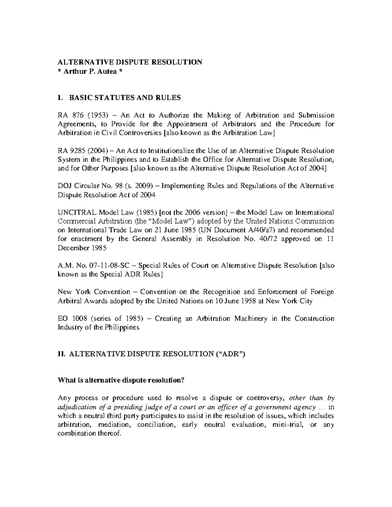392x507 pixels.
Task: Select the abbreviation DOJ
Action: (64, 186)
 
